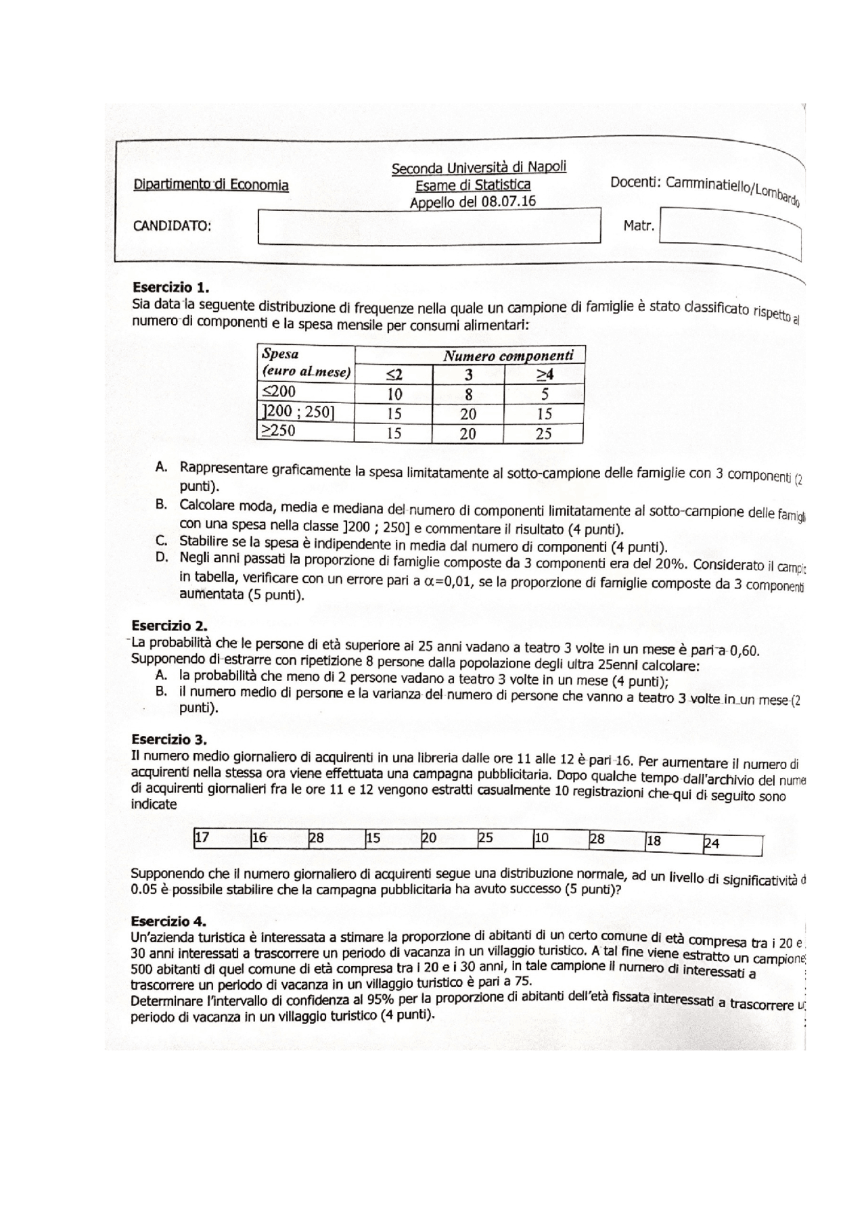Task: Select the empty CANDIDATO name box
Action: pos(429,226)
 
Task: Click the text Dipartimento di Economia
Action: pos(210,185)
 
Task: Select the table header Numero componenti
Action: pos(508,355)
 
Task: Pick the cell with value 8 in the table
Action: pos(468,394)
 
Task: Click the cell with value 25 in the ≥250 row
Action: pos(544,434)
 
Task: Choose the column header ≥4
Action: pos(545,374)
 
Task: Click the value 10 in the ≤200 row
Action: pos(394,394)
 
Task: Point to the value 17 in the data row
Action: pos(202,838)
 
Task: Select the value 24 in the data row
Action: pos(712,843)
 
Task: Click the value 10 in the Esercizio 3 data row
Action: pos(541,839)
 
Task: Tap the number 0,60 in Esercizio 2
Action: pos(746,651)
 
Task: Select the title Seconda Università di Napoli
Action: pos(478,167)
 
